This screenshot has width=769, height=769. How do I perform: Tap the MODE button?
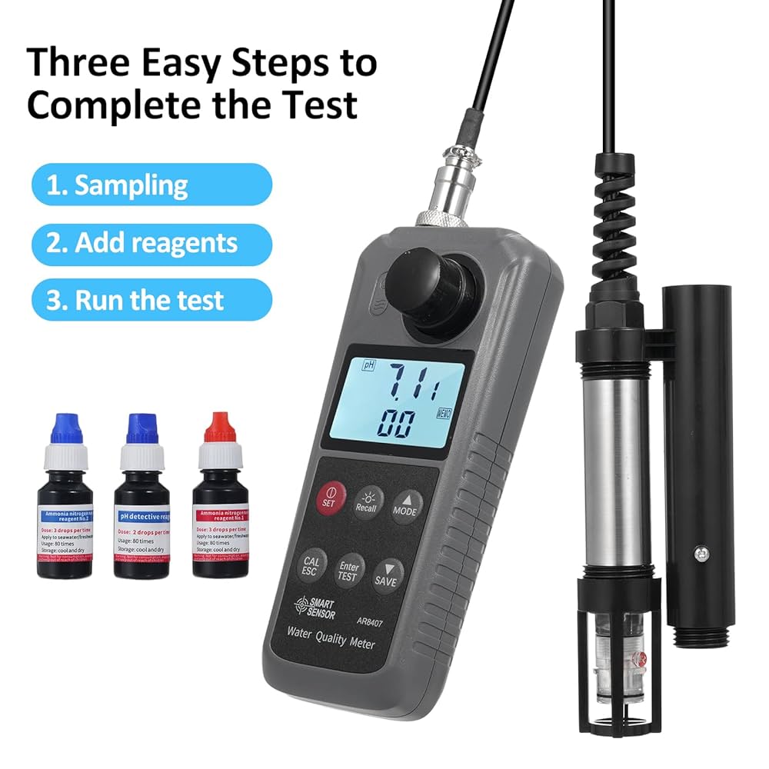click(406, 505)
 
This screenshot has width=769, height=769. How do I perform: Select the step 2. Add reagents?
click(142, 242)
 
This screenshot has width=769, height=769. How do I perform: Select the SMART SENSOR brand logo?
click(312, 609)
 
